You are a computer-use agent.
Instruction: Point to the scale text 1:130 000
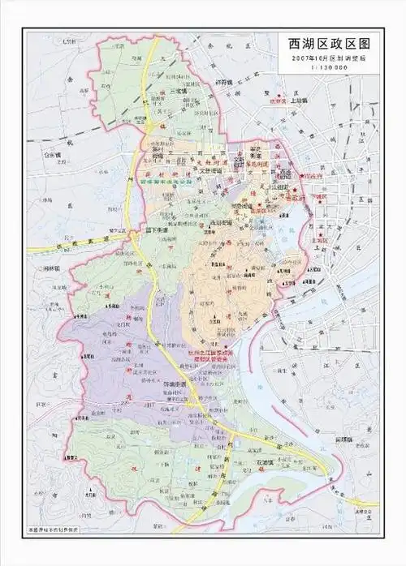tap(324, 68)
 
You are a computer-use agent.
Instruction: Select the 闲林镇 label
tap(50, 268)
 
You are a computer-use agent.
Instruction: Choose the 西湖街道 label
tap(219, 221)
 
